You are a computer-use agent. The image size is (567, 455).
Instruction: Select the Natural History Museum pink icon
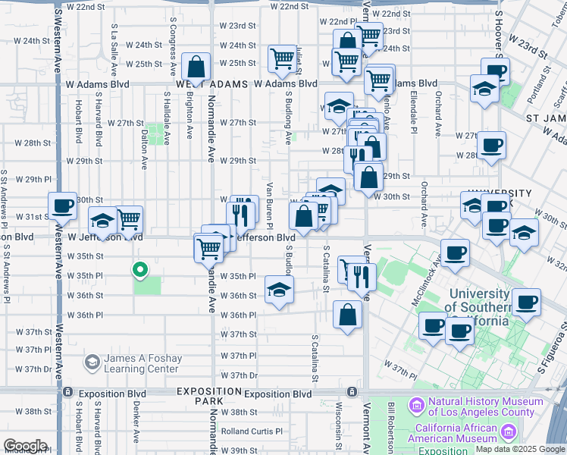[x=416, y=406]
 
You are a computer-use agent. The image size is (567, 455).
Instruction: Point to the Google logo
[x=25, y=446]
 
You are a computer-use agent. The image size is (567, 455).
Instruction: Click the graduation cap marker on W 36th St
[x=279, y=289]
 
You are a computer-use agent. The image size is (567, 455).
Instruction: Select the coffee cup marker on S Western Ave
[x=62, y=205]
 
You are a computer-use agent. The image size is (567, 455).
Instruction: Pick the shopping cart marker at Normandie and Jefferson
[x=208, y=246]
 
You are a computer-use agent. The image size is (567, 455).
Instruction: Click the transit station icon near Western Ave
[x=68, y=392]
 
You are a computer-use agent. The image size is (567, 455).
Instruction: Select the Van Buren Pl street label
[x=270, y=205]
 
